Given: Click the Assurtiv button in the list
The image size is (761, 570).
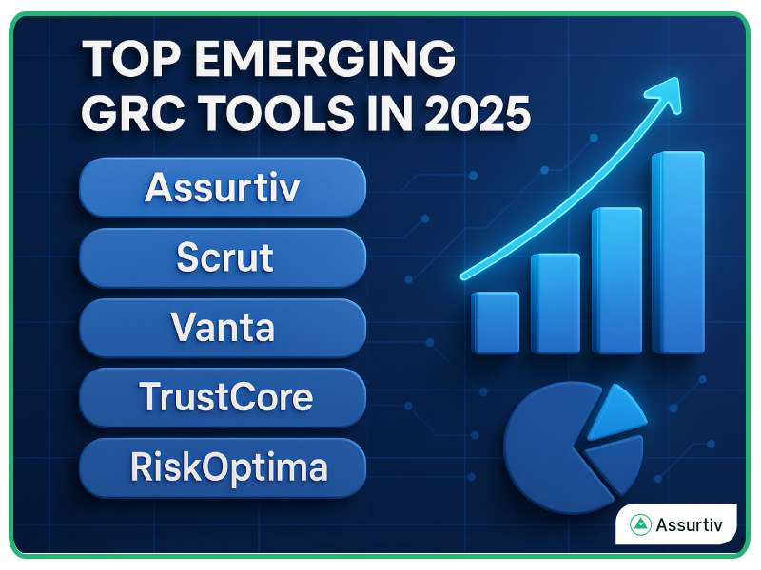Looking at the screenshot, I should pos(223,187).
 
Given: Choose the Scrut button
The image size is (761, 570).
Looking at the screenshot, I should pos(223,257).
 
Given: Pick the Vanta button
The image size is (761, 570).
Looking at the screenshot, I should pos(223,328).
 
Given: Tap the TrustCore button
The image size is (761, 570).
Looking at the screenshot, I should pos(223,397).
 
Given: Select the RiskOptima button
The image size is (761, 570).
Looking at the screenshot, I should pos(223,467).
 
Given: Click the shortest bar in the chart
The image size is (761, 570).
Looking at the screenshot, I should pos(495,323).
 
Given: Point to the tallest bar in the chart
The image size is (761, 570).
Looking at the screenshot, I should pos(677,252).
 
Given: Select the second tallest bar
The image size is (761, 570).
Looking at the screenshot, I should pos(616,280).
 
